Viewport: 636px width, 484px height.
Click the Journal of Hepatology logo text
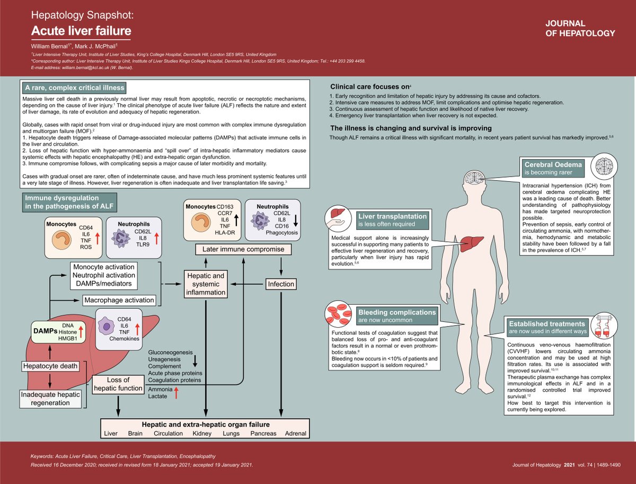tap(580, 28)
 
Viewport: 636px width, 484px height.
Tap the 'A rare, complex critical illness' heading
tap(74, 87)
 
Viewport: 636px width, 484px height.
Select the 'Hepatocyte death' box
tap(49, 366)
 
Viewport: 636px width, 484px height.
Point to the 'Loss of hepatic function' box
tap(118, 384)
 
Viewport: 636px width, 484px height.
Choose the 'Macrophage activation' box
tap(119, 300)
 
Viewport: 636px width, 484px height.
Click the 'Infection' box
tap(281, 284)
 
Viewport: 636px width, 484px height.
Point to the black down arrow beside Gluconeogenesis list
tap(195, 360)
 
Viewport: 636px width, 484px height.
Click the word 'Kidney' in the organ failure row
tap(202, 434)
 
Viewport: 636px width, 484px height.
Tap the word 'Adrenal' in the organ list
tap(295, 434)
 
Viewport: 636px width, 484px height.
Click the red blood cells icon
tap(339, 314)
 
